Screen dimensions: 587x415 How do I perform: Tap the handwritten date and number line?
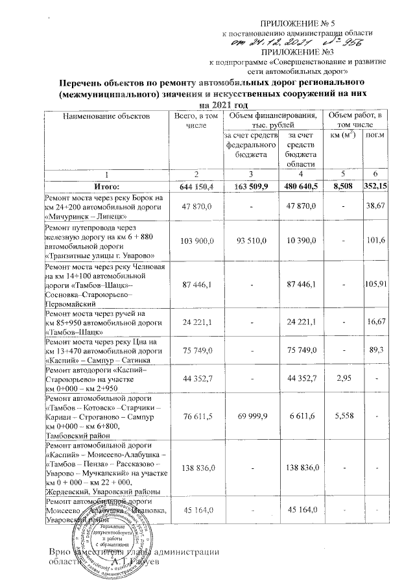tap(296, 42)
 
